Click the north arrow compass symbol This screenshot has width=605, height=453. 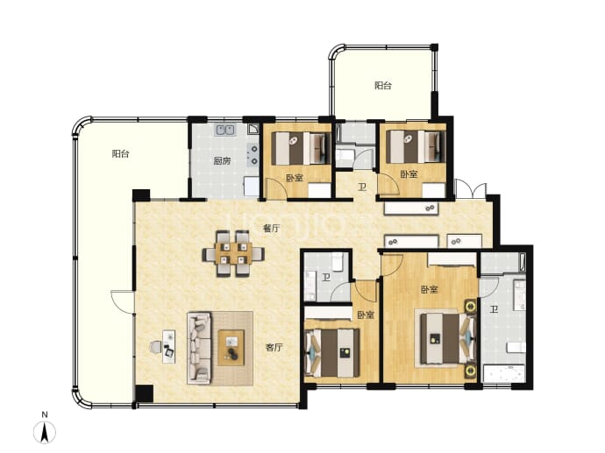click(x=45, y=432)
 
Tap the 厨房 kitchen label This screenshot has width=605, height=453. click(x=222, y=161)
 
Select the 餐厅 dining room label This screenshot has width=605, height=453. click(x=271, y=229)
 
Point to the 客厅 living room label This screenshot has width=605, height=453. click(x=274, y=348)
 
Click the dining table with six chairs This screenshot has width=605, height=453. click(x=233, y=254)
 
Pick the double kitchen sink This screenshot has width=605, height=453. click(x=225, y=130)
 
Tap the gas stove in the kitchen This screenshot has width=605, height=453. click(x=253, y=154)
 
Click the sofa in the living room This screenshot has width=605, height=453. click(x=199, y=348)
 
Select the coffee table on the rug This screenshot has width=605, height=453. click(x=231, y=348)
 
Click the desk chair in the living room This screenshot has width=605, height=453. click(x=156, y=347)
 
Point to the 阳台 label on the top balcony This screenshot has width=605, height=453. click(x=383, y=86)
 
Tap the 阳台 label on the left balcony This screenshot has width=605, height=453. click(x=120, y=154)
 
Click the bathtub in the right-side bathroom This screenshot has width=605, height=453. click(x=503, y=373)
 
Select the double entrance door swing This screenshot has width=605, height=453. click(x=471, y=189)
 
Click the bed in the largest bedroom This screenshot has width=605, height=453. click(x=446, y=338)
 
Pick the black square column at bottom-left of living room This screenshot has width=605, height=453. click(x=145, y=393)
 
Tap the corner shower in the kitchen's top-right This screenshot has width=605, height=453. click(x=253, y=129)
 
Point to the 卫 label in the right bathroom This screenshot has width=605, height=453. click(x=494, y=309)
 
